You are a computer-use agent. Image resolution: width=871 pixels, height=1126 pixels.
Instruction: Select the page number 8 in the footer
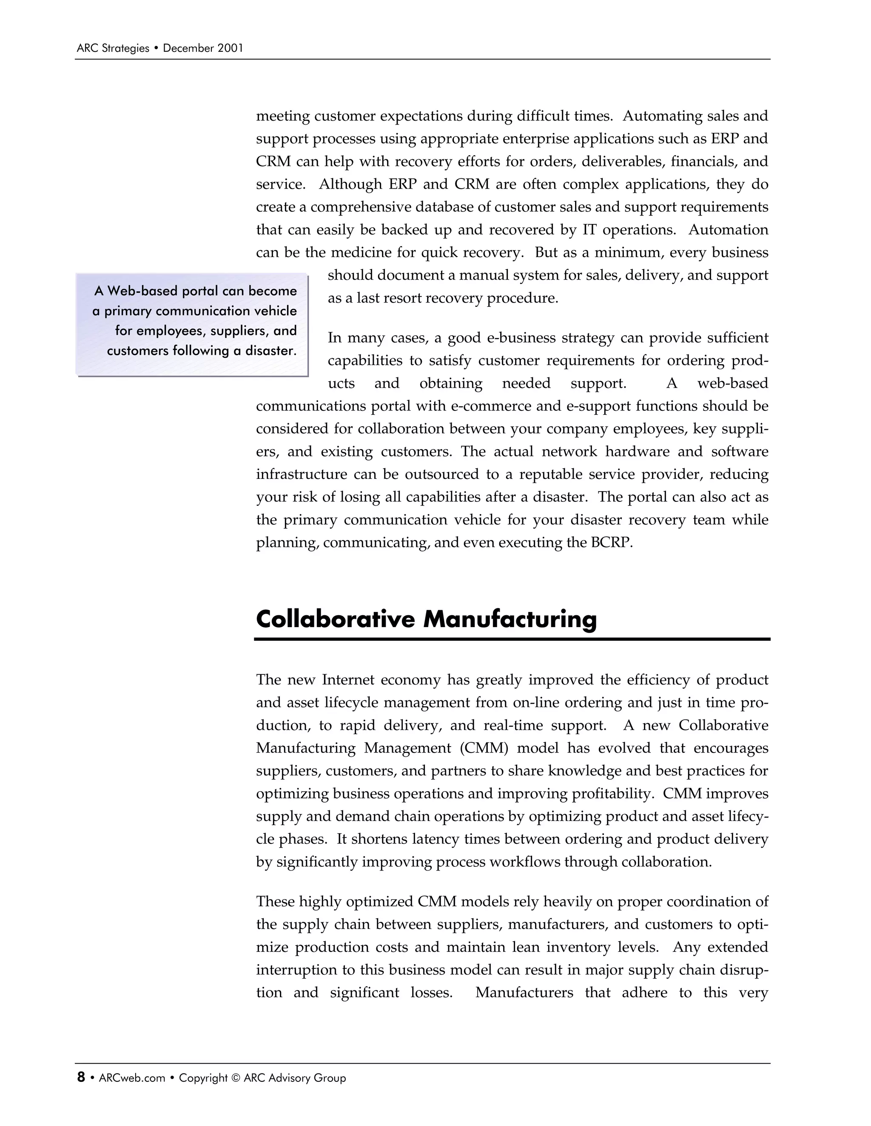81,1078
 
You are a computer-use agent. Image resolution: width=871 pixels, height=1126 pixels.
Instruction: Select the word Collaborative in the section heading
336,619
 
